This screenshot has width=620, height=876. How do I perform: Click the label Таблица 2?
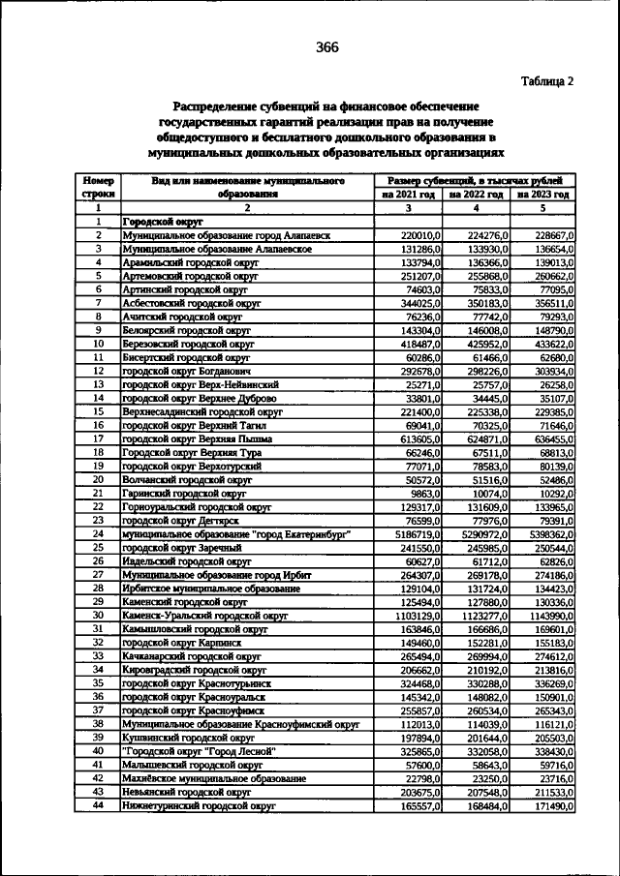tap(546, 81)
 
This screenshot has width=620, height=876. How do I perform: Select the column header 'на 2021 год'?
tap(408, 194)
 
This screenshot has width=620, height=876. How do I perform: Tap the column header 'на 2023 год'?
tap(543, 194)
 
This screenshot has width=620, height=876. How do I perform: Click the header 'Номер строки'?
tap(98, 187)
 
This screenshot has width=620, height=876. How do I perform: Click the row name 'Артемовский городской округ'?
tap(191, 276)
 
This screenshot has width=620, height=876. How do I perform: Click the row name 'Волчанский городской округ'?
tap(186, 479)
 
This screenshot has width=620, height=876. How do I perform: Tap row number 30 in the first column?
tap(98, 615)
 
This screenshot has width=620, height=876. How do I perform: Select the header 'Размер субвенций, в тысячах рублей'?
tap(476, 180)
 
